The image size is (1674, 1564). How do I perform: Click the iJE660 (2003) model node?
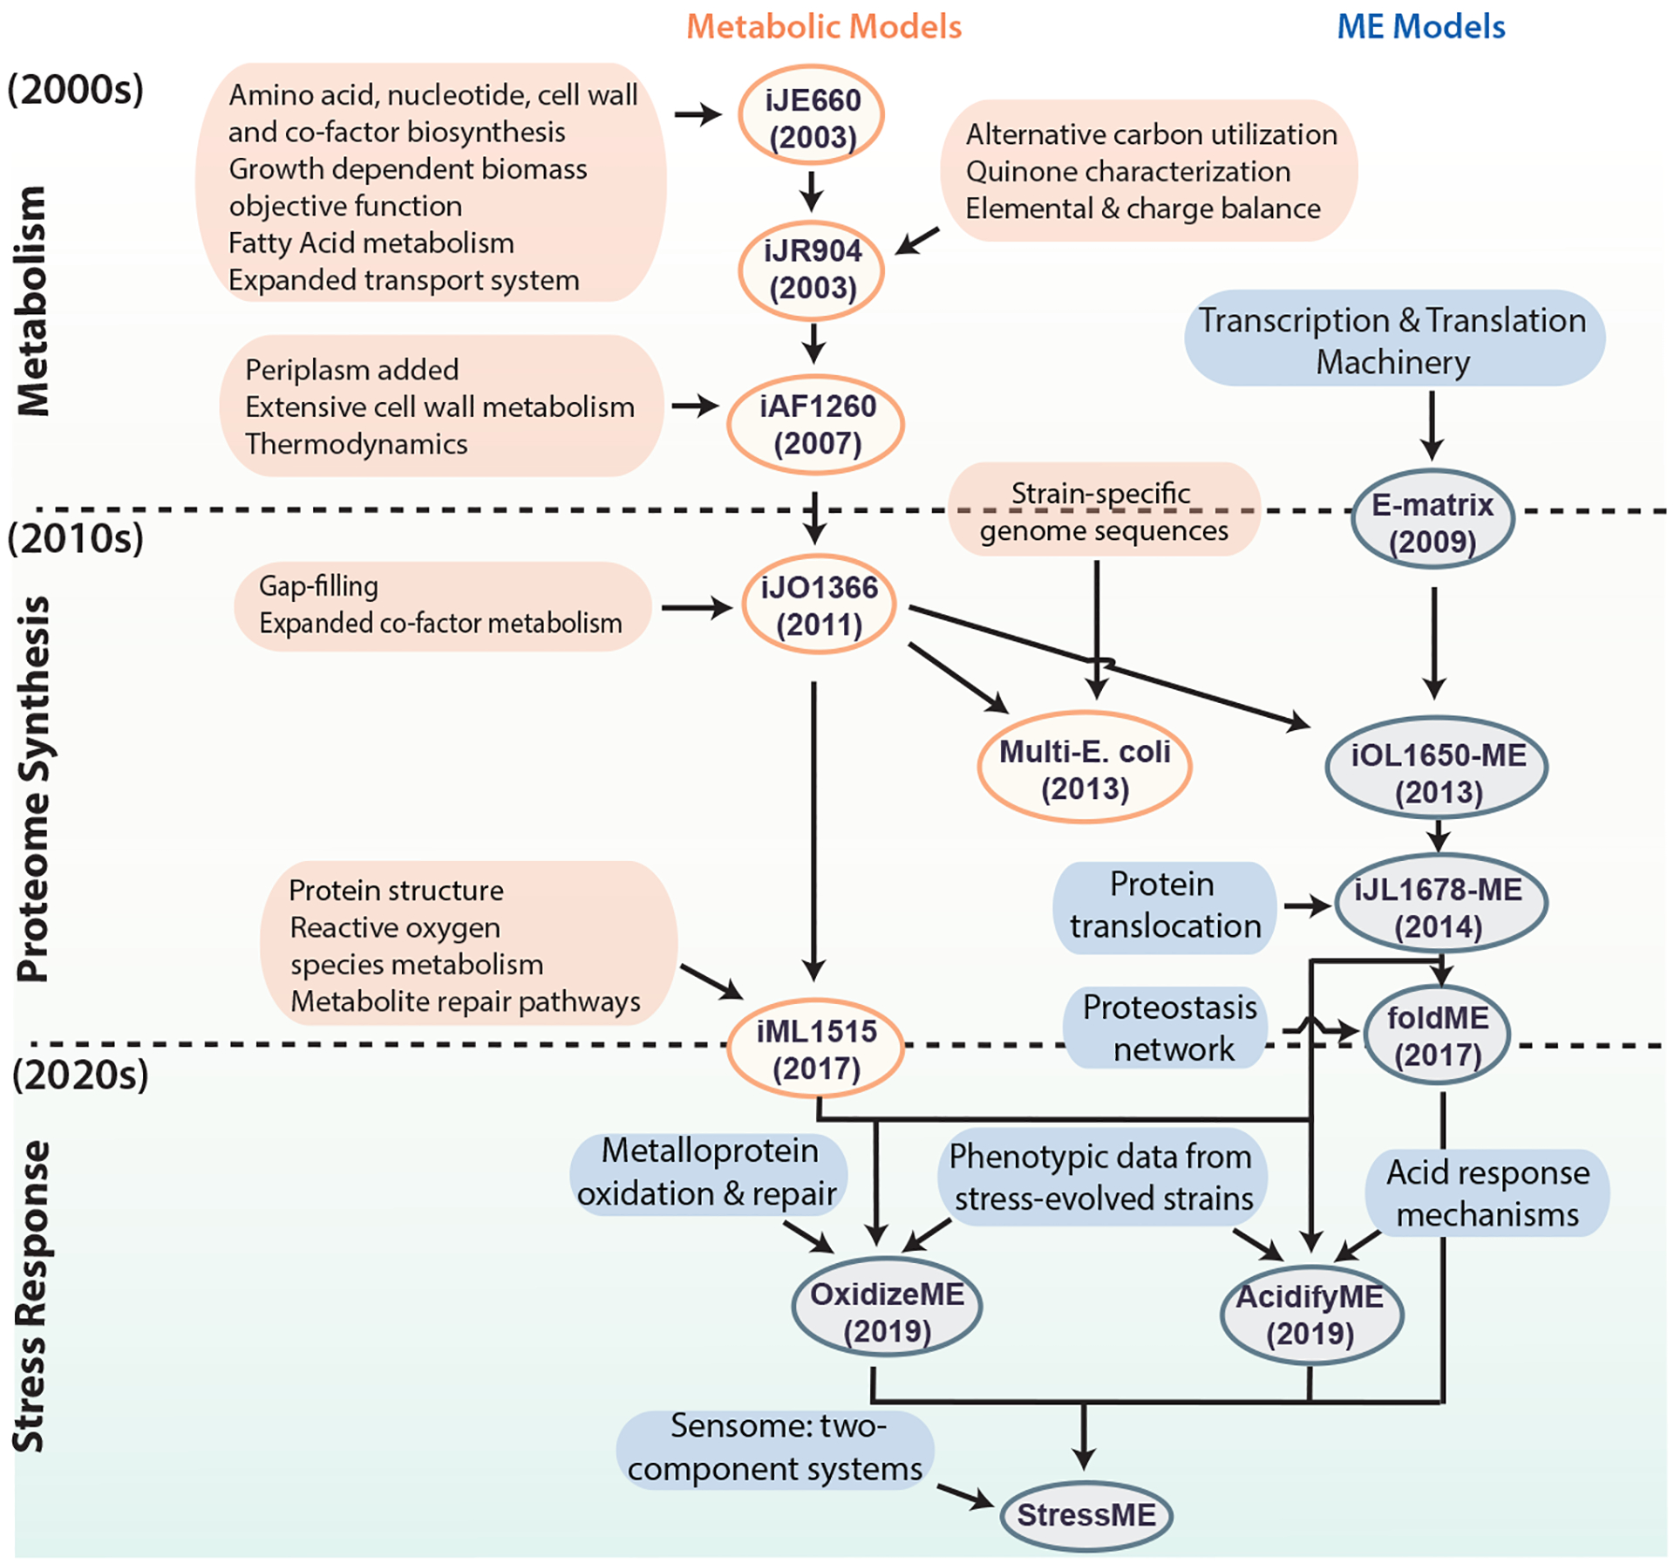811,116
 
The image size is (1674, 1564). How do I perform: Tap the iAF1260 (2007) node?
816,424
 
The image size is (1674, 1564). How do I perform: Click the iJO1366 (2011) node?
819,605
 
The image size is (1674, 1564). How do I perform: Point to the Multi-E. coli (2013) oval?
1084,768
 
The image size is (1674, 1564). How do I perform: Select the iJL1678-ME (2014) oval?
1439,906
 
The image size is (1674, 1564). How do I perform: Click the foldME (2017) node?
1437,1035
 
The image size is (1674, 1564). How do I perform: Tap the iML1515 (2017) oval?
815,1048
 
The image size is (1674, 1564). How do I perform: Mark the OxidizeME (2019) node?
887,1311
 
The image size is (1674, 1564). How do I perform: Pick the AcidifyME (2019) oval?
1310,1314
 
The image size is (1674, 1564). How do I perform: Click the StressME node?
1085,1515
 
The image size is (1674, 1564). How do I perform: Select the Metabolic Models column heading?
824,27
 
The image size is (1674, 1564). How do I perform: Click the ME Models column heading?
1421,27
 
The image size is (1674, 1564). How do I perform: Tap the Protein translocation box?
1165,906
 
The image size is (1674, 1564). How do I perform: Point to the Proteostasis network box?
1169,1028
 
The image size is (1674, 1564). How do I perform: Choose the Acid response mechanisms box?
1487,1192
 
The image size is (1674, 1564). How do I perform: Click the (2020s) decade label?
80,1075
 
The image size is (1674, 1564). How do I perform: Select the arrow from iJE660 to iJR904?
812,190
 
